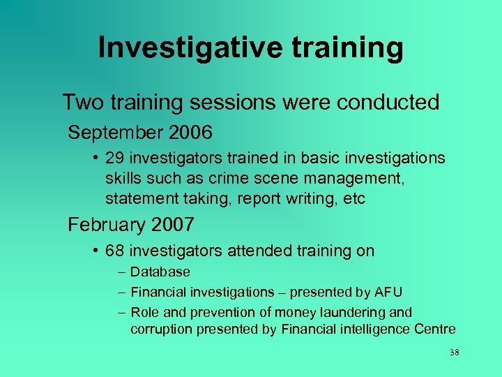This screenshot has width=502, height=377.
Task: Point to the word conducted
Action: click(388, 102)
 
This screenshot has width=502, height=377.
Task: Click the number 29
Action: click(116, 158)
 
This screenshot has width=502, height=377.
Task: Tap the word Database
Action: click(160, 272)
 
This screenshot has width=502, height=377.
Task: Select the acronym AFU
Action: click(389, 292)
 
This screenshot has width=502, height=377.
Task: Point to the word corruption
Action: click(160, 330)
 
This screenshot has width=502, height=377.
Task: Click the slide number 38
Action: click(455, 353)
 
